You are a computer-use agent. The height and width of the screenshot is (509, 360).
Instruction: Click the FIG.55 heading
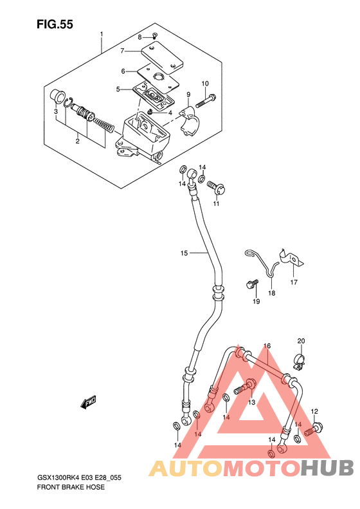[55, 24]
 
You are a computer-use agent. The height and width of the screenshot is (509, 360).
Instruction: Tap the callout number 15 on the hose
[184, 253]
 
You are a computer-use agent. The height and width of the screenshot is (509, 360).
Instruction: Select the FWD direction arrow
[89, 402]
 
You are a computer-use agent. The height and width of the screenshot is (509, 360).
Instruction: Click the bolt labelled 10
[206, 100]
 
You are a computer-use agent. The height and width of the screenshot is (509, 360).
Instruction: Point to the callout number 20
[301, 341]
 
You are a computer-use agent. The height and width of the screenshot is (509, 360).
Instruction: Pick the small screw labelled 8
[155, 35]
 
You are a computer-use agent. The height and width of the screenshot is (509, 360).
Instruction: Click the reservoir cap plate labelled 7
[162, 59]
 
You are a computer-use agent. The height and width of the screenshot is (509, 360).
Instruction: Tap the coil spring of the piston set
[104, 126]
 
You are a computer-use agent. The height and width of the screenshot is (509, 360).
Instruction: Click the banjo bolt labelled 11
[217, 189]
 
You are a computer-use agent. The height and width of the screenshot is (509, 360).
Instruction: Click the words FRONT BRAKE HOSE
[71, 487]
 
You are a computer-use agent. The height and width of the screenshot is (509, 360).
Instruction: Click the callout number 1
[102, 33]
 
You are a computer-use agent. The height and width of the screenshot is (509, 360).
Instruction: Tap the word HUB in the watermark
[327, 468]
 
